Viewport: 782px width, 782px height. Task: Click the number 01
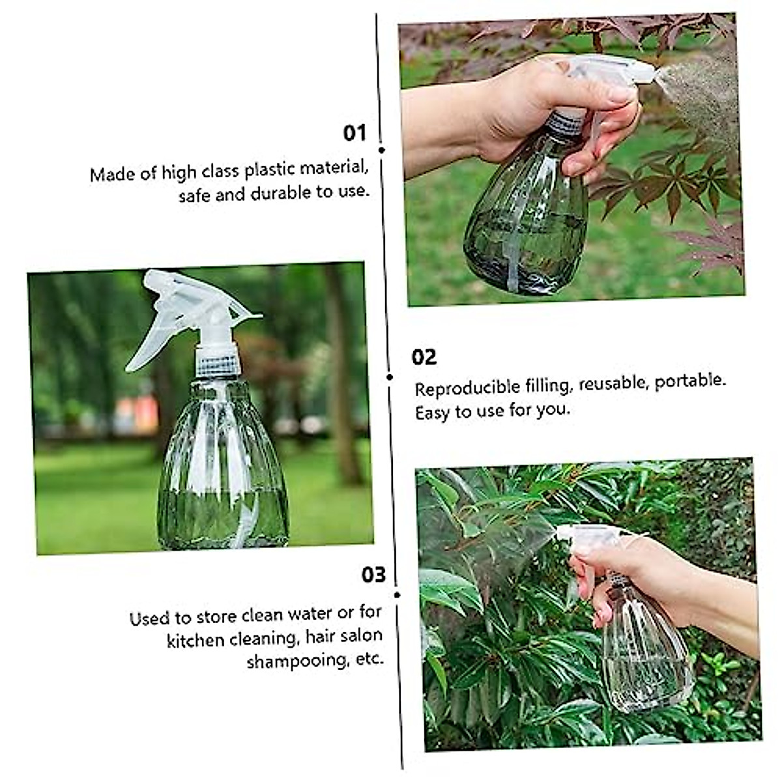(355, 133)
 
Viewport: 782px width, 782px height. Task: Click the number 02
(424, 357)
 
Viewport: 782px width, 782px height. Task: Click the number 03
(373, 575)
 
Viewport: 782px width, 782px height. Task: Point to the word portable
(690, 381)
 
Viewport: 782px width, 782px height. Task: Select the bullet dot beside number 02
(390, 377)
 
